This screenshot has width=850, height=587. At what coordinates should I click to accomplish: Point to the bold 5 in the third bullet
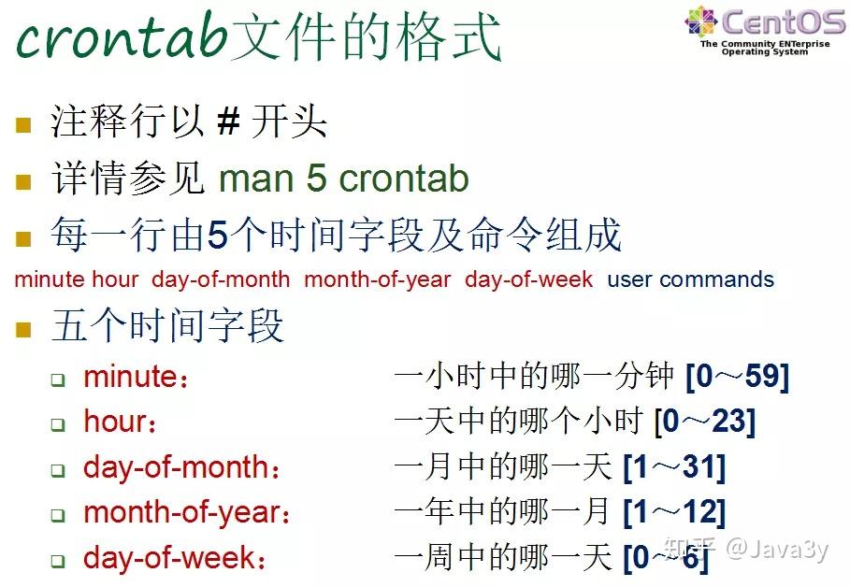click(x=217, y=236)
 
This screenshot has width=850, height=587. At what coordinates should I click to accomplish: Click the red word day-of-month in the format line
click(x=221, y=279)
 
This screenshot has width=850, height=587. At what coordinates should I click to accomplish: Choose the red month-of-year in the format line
click(x=378, y=279)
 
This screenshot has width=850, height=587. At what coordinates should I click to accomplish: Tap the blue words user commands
click(x=690, y=279)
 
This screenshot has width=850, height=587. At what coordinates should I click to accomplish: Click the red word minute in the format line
click(x=50, y=279)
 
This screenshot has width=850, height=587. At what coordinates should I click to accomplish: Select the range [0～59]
click(x=737, y=377)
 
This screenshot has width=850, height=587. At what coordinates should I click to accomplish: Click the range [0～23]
click(x=704, y=422)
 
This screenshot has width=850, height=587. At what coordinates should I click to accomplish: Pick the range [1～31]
click(x=673, y=466)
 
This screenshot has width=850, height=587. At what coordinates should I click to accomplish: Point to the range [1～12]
click(x=673, y=511)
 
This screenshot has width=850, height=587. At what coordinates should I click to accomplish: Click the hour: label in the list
click(x=120, y=422)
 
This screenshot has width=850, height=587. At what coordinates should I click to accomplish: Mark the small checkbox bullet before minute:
click(x=58, y=379)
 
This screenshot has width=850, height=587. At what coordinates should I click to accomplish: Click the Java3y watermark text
click(x=777, y=549)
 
